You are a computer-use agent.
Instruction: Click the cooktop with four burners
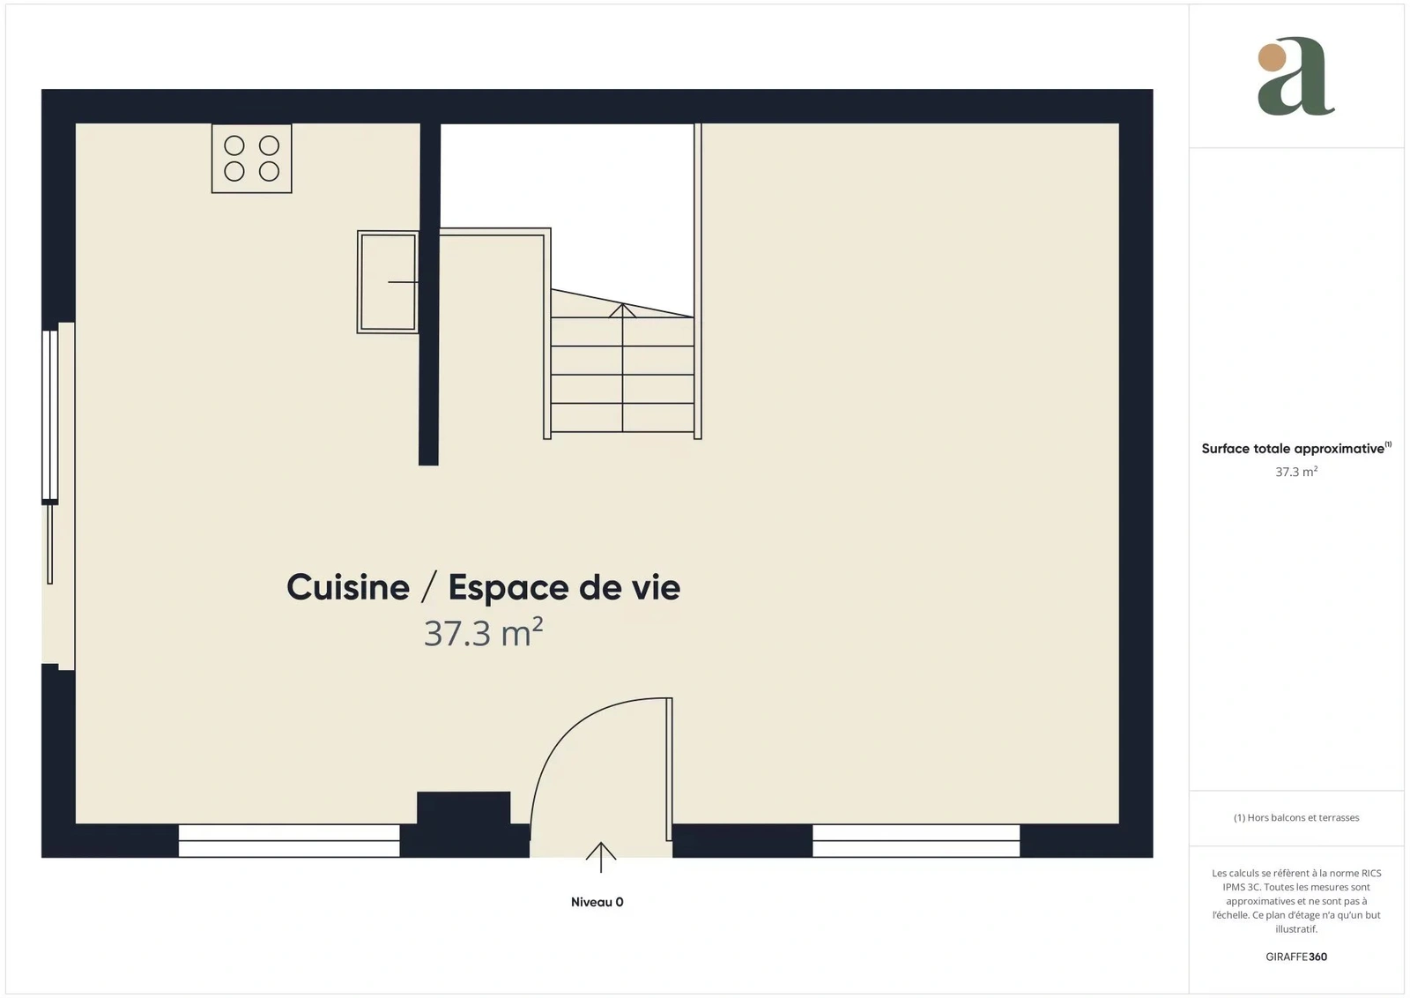tap(251, 158)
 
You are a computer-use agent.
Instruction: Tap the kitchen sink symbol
tap(388, 281)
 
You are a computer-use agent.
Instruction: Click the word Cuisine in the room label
tap(348, 587)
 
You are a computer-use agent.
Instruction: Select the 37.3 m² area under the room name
tap(484, 633)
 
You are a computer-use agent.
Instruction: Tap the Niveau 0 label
tap(597, 902)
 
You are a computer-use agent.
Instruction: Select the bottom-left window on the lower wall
tap(289, 840)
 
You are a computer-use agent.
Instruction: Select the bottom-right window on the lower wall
tap(916, 840)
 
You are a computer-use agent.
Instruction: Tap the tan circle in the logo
tap(1273, 57)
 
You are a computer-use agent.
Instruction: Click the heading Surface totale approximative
tap(1293, 449)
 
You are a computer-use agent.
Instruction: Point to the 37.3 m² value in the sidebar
tap(1296, 472)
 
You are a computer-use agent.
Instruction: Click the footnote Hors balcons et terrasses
tap(1296, 817)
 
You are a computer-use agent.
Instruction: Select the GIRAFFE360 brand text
tap(1296, 957)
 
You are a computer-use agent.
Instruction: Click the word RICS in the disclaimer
tap(1371, 873)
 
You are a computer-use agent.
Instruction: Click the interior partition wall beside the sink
tap(429, 294)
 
